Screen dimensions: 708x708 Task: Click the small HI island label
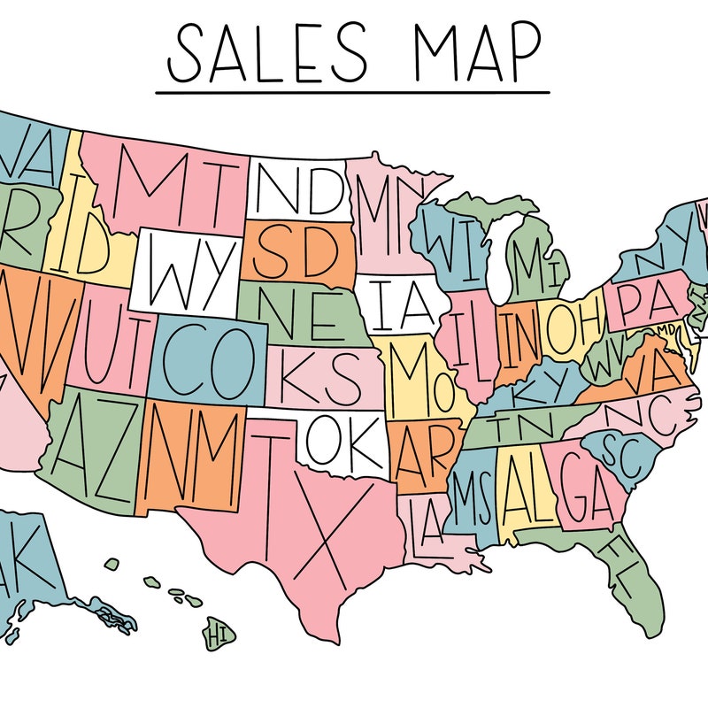point(217,634)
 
